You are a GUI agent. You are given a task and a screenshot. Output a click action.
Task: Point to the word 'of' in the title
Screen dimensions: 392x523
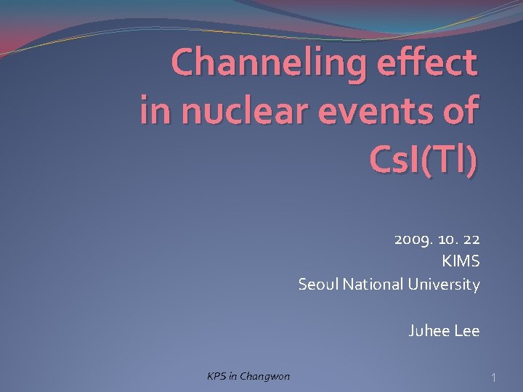point(460,111)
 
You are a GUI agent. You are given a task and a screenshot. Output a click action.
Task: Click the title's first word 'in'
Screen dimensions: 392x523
point(155,111)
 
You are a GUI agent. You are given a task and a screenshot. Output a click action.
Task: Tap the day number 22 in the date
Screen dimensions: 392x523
point(471,239)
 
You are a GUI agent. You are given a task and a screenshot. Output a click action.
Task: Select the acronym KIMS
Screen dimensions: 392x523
point(461,261)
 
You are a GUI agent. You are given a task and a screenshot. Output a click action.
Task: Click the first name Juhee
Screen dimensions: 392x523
point(429,331)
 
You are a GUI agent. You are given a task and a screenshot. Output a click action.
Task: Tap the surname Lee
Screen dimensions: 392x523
point(466,331)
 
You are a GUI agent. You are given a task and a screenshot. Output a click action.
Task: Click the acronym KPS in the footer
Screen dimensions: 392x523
point(217,376)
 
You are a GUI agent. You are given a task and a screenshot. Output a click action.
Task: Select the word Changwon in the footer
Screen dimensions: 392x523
point(265,376)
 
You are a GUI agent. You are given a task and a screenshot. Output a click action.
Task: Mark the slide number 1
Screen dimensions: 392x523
point(493,377)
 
